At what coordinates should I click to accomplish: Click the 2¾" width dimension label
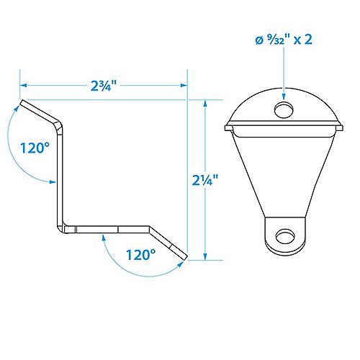point(104,86)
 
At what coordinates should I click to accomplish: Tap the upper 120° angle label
point(35,148)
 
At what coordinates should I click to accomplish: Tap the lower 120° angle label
point(141,255)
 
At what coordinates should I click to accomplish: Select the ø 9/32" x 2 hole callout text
point(284,40)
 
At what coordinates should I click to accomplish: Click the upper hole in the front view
point(284,109)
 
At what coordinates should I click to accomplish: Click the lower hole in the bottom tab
point(285,236)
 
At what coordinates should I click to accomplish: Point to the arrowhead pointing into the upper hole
point(284,96)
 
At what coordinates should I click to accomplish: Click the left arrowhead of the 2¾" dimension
point(23,85)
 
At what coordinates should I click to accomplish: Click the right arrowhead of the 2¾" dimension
point(184,85)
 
